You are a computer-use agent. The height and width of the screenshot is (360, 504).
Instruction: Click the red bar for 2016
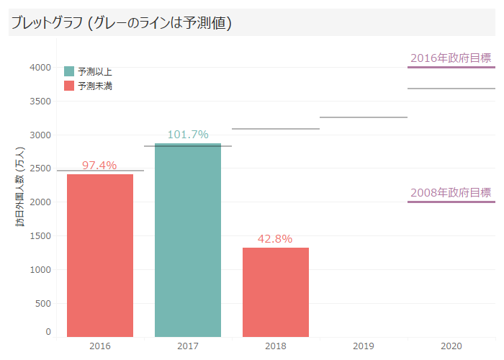[100, 256]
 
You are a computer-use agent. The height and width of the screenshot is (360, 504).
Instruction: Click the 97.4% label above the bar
[99, 166]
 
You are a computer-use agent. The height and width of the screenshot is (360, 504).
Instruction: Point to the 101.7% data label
[188, 135]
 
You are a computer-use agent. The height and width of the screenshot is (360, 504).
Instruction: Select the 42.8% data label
[275, 239]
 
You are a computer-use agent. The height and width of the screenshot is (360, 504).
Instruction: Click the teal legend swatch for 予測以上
[69, 71]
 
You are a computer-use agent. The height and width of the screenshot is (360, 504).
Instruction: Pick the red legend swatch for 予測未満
[69, 86]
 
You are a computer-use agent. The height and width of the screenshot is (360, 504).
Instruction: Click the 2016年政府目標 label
[451, 58]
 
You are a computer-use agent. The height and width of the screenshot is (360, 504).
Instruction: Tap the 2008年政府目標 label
[451, 193]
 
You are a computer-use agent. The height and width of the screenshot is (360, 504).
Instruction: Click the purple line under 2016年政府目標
[451, 68]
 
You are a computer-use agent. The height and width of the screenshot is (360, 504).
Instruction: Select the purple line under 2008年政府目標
[451, 202]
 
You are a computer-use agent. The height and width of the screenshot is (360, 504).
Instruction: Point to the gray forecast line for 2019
[364, 117]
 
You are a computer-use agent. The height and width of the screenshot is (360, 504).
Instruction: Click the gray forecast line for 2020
[451, 89]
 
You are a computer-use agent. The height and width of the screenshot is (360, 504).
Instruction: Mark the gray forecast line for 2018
[276, 129]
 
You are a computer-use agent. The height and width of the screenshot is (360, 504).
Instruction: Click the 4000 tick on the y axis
[40, 68]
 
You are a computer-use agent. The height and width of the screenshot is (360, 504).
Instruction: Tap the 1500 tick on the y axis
[40, 235]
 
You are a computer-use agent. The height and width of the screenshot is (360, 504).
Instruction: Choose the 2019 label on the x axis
[364, 346]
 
